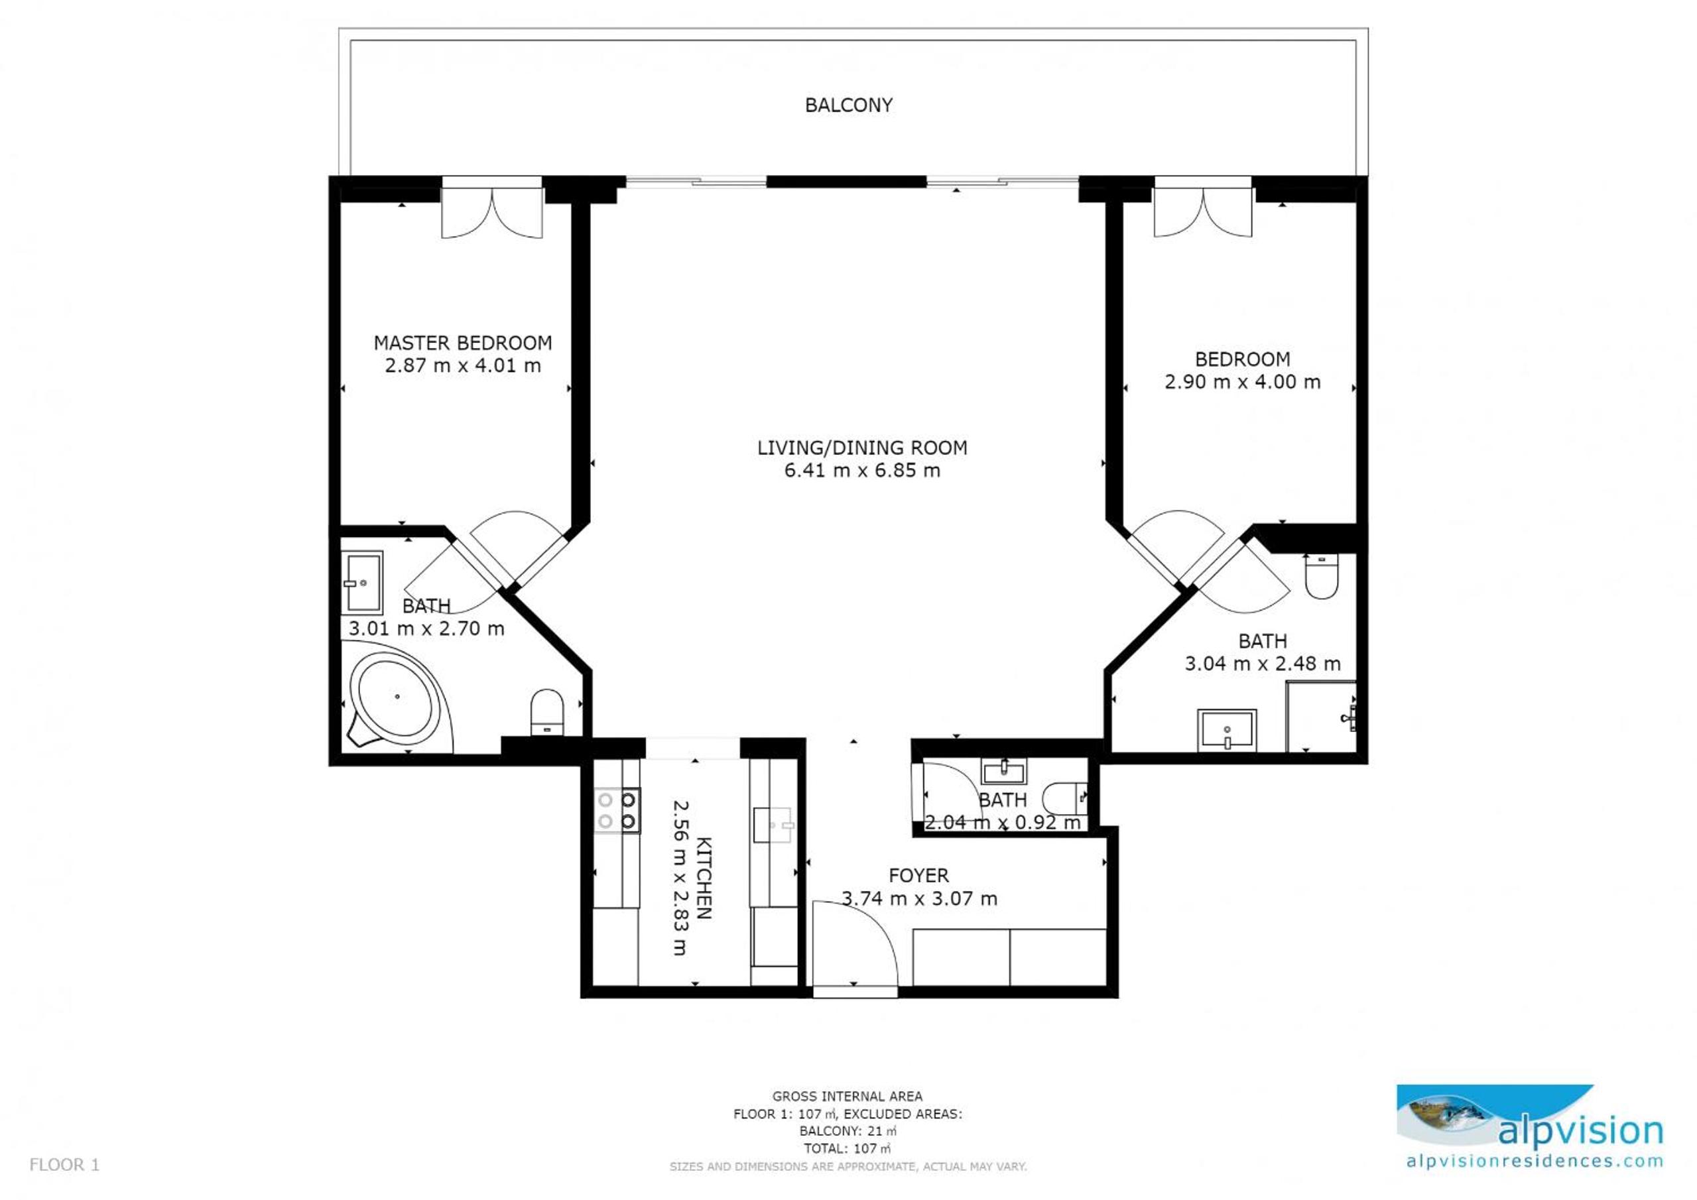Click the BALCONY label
click(x=849, y=105)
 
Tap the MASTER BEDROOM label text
click(x=463, y=343)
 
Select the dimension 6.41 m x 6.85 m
click(x=862, y=471)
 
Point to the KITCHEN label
click(x=704, y=878)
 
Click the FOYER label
click(x=918, y=876)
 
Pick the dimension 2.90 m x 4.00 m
click(x=1243, y=382)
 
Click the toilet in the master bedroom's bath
click(x=548, y=712)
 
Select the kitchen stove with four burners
click(x=617, y=811)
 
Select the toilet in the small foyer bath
click(x=1065, y=798)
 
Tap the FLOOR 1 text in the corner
click(x=64, y=1166)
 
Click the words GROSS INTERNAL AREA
click(x=847, y=1097)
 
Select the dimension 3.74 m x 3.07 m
click(x=919, y=898)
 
